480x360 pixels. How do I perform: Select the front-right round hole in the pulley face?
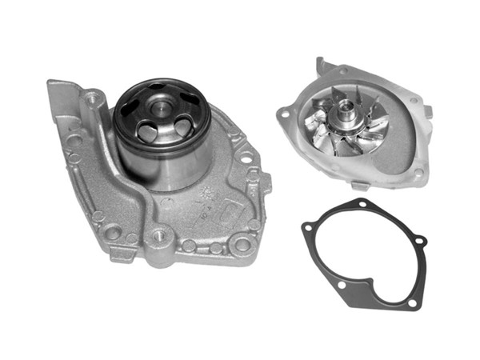point(184,125)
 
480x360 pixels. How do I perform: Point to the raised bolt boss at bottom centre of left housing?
point(158,237)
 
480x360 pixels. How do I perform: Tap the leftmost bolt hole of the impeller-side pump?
point(284,114)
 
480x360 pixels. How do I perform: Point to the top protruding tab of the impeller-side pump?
point(323,65)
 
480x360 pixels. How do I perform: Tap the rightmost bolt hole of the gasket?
point(421,241)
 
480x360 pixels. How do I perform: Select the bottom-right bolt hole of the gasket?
point(411,302)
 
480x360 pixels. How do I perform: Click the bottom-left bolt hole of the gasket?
point(342,283)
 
